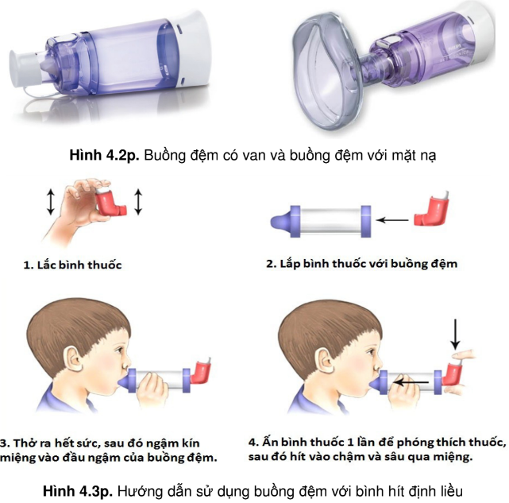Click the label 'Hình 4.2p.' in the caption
pyautogui.click(x=105, y=155)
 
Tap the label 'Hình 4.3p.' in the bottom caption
pyautogui.click(x=78, y=491)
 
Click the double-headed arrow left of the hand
pyautogui.click(x=50, y=203)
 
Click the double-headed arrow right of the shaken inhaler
pyautogui.click(x=138, y=202)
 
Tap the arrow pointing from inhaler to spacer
pyautogui.click(x=392, y=220)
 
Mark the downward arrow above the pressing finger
pyautogui.click(x=456, y=334)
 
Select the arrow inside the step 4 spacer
pyautogui.click(x=411, y=383)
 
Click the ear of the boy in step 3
pyautogui.click(x=73, y=359)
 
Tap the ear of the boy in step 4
pyautogui.click(x=326, y=360)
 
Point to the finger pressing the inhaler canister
pyautogui.click(x=464, y=354)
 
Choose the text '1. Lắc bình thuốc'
pyautogui.click(x=72, y=265)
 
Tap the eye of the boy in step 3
pyautogui.click(x=120, y=350)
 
